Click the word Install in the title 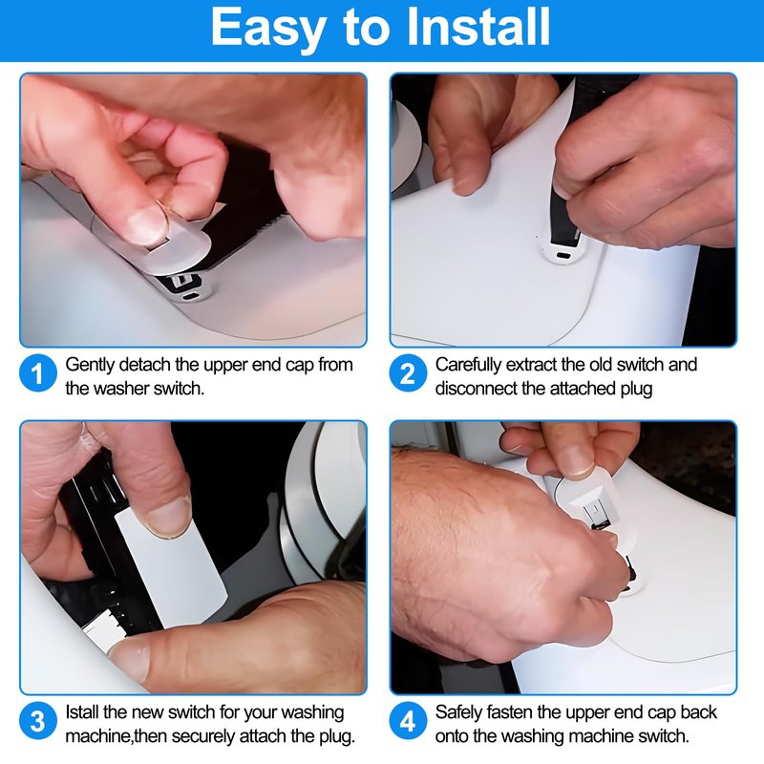pyautogui.click(x=478, y=27)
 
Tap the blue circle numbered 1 pyautogui.click(x=38, y=373)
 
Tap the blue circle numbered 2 pyautogui.click(x=408, y=373)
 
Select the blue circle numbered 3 pyautogui.click(x=38, y=722)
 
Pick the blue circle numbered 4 pyautogui.click(x=408, y=722)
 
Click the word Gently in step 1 pyautogui.click(x=90, y=366)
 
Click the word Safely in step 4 pyautogui.click(x=458, y=713)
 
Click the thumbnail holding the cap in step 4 pyautogui.click(x=575, y=459)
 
